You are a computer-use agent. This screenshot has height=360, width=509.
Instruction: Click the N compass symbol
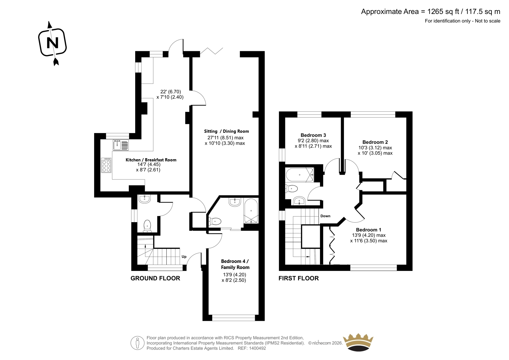(x=52, y=43)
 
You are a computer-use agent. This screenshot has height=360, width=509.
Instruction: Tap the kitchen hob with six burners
(x=106, y=165)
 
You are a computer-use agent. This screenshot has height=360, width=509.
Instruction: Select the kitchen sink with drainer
(x=121, y=145)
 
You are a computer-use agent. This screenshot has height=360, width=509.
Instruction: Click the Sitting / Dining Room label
(x=226, y=131)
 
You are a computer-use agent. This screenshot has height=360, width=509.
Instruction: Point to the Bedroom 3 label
(x=313, y=135)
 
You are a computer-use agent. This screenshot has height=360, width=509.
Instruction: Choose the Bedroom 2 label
(x=375, y=142)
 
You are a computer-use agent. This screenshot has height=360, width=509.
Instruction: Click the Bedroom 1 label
(x=369, y=230)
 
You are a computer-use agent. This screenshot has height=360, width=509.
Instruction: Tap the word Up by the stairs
(x=184, y=257)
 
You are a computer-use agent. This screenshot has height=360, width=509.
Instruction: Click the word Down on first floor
(x=325, y=216)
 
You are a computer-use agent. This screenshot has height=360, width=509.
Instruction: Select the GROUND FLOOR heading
(x=155, y=279)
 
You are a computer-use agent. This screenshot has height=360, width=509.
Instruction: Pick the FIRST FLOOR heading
(x=299, y=279)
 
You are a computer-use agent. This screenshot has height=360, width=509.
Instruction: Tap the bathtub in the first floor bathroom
(x=300, y=175)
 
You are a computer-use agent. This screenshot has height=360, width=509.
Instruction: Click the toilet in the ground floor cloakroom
(x=147, y=226)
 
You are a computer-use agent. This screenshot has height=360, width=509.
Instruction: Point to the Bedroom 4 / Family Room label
(x=235, y=264)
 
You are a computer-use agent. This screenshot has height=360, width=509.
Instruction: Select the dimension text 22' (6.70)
(x=171, y=92)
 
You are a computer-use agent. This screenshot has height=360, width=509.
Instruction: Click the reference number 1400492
(x=257, y=348)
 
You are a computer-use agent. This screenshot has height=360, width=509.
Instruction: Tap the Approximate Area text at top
(x=431, y=11)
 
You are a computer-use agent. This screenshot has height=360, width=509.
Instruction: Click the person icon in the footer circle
(x=137, y=343)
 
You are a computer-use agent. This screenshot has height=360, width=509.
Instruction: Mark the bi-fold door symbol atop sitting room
(x=212, y=51)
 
